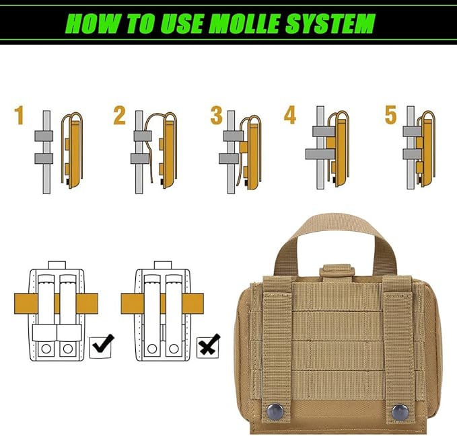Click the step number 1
point(19,116)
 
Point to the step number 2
point(119,116)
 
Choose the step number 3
point(216,116)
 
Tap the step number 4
point(290,116)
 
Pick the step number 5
point(390,116)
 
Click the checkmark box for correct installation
point(102,346)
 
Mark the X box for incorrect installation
point(208,347)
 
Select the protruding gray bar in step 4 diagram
point(314,154)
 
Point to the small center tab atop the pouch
point(337,271)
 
